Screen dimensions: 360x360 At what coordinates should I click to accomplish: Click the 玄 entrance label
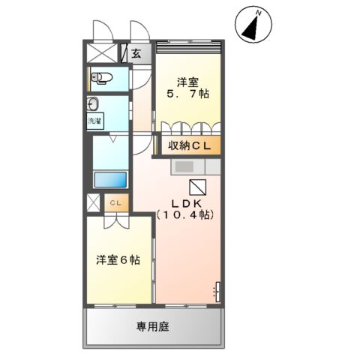coord(136,53)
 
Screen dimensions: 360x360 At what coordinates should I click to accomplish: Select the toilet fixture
coord(103,77)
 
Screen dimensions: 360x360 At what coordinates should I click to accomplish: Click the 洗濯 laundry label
coord(94,121)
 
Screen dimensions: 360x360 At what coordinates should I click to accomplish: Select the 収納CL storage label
coord(189,145)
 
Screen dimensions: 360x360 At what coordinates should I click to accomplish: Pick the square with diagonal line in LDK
coord(197,187)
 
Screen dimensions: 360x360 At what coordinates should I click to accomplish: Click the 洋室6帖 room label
coord(116,260)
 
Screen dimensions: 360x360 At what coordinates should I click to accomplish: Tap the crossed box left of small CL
coord(93,202)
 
